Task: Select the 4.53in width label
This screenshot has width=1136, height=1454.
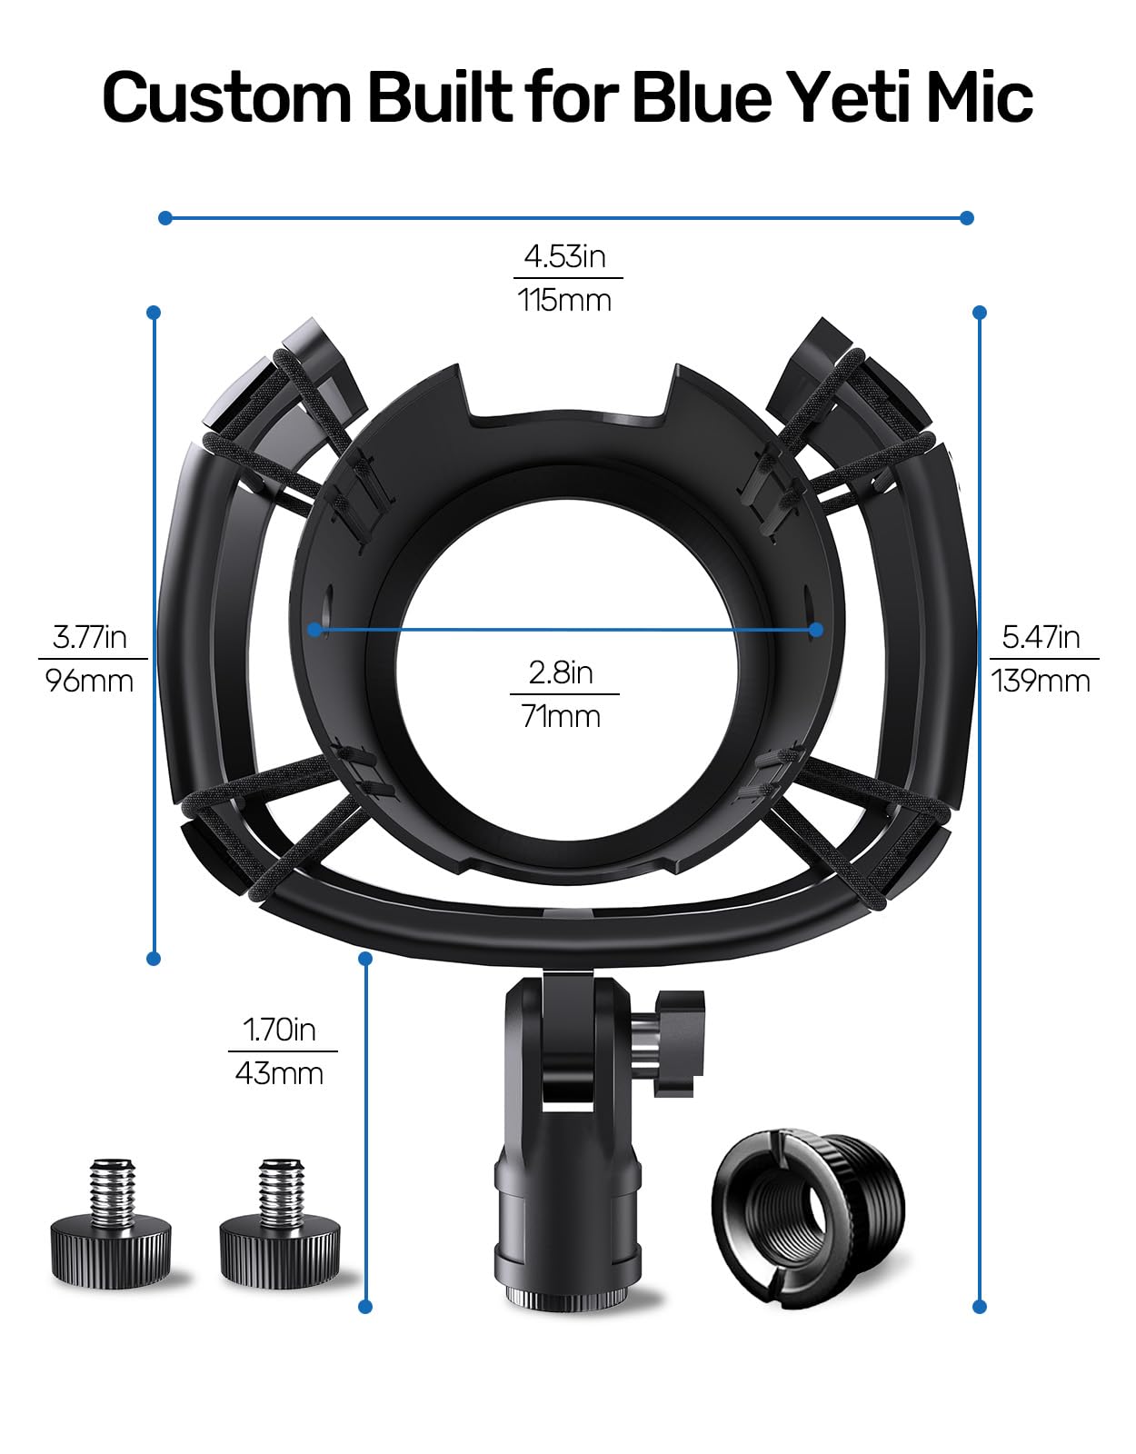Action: coord(564,256)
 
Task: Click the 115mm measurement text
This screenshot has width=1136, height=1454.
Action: coord(564,300)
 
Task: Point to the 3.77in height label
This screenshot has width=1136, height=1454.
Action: coord(90,636)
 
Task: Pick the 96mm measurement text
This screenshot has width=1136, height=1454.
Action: coord(90,680)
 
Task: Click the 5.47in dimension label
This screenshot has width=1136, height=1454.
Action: coord(1041,636)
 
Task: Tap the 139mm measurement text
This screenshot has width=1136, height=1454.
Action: coord(1041,680)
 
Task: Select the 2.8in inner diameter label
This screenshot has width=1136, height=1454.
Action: coord(561,672)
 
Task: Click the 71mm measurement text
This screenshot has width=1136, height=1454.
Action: coord(561,716)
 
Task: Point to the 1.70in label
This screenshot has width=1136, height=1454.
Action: coord(279,1029)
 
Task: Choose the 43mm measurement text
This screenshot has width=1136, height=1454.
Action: coord(279,1073)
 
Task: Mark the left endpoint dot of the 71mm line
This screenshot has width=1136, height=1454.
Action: coord(315,629)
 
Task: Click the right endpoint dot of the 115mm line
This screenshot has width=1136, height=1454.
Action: coord(967,218)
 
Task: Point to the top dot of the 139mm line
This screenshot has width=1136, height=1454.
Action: coord(980,313)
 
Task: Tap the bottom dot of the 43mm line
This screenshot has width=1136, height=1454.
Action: coord(365,1307)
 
